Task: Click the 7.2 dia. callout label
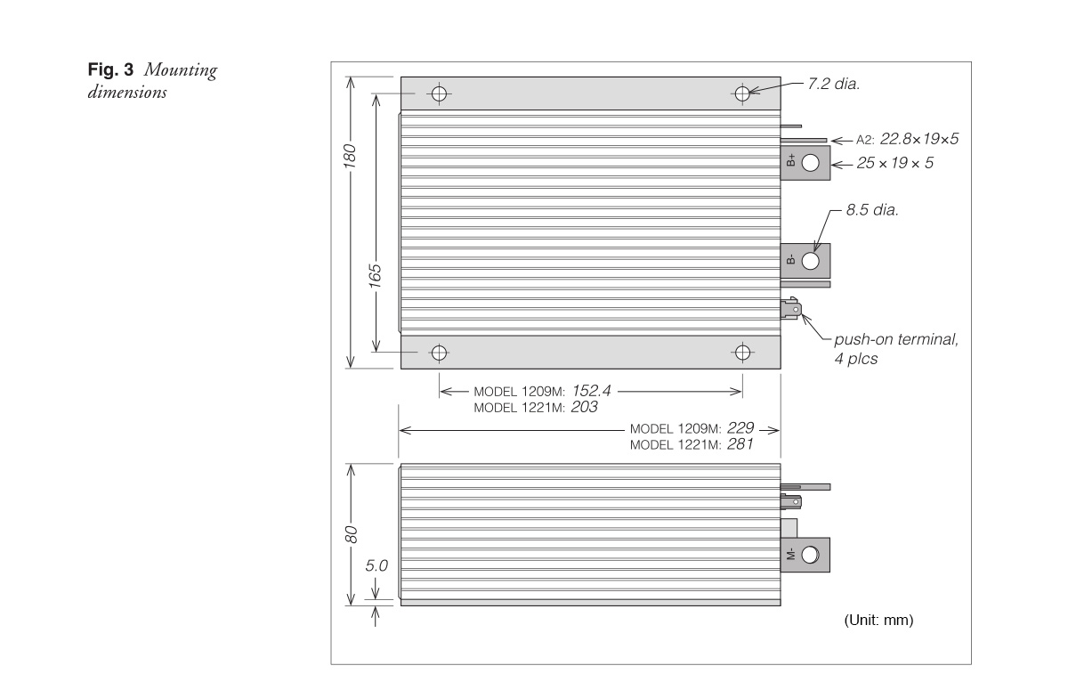click(833, 84)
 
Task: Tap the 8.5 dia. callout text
click(872, 210)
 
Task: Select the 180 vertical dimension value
click(350, 157)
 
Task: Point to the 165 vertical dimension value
click(376, 276)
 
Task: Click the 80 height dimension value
click(351, 534)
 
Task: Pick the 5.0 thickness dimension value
click(376, 565)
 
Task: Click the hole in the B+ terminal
click(811, 163)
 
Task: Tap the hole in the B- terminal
click(811, 261)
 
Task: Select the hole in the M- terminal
click(811, 555)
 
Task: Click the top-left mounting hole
click(439, 93)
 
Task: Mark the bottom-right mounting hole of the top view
click(742, 353)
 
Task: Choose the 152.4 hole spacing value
click(591, 391)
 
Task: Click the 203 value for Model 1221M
click(584, 407)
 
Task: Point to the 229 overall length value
click(740, 427)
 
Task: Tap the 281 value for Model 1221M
click(740, 444)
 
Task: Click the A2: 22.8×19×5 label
click(907, 139)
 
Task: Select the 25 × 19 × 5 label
click(895, 163)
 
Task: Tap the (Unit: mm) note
click(878, 620)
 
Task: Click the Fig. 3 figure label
click(110, 69)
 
